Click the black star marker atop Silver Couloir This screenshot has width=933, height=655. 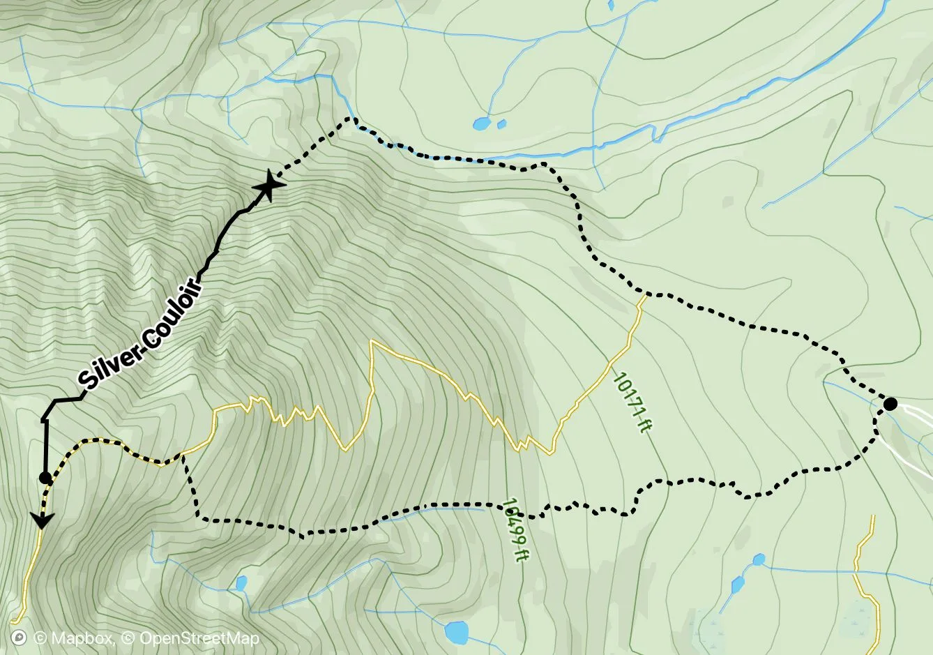tap(269, 186)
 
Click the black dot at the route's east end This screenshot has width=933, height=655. tap(890, 404)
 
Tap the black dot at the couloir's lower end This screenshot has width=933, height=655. tap(45, 478)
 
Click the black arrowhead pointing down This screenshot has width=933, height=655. tap(43, 520)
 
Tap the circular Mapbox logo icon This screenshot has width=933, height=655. tap(20, 638)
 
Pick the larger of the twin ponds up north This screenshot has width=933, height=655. tap(481, 124)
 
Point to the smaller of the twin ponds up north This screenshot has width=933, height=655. tap(501, 124)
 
